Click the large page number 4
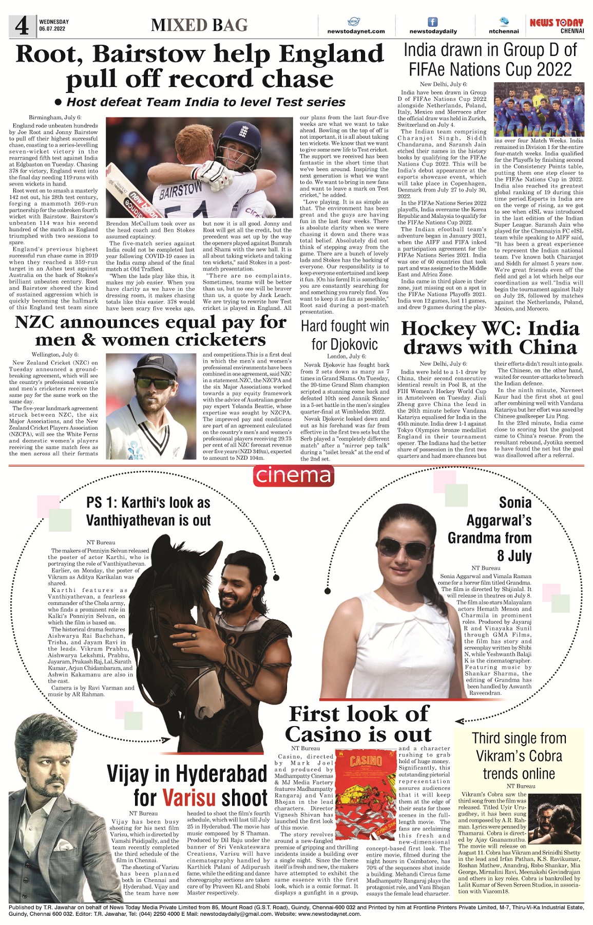coord(22,26)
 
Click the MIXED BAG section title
coord(199,25)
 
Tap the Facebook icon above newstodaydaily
coord(433,22)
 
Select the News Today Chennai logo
coord(557,25)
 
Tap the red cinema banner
coord(293,475)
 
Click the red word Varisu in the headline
coord(189,798)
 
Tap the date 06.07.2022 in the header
coord(52,29)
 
